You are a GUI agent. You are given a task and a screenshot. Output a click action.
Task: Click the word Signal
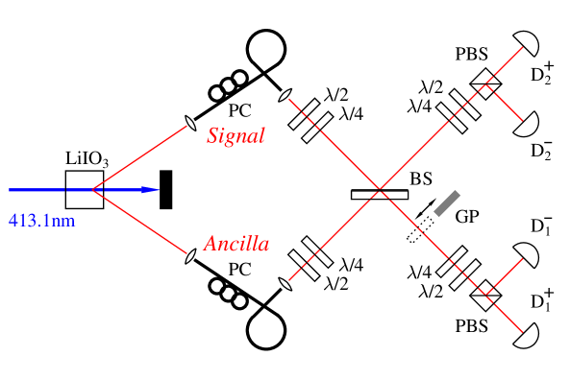pos(235,135)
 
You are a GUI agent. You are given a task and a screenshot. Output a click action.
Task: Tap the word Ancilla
pos(235,244)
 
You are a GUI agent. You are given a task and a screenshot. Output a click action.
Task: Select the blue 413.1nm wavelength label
pos(41,221)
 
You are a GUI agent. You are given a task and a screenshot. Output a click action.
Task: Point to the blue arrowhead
pos(150,190)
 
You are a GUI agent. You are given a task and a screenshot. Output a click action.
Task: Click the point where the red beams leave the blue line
pos(92,190)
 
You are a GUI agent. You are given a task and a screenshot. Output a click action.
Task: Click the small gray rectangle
pos(447,203)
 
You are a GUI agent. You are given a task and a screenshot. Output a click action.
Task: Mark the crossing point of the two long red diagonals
pos(381,190)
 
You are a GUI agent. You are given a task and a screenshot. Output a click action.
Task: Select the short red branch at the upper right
pos(504,103)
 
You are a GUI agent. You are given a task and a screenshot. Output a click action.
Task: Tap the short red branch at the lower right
pos(504,276)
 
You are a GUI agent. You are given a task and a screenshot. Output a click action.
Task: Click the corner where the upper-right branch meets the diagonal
pos(485,85)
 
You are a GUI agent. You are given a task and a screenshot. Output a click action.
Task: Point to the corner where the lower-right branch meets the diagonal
pos(486,295)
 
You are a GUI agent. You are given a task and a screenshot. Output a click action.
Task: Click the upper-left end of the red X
pos(289,99)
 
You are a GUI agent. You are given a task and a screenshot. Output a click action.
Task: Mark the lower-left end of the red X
pos(289,280)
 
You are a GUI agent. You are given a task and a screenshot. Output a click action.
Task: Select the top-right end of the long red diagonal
pos(522,47)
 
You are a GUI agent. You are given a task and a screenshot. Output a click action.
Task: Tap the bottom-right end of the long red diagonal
pos(522,332)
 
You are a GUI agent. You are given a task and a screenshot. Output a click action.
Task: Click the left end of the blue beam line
pos(11,190)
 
